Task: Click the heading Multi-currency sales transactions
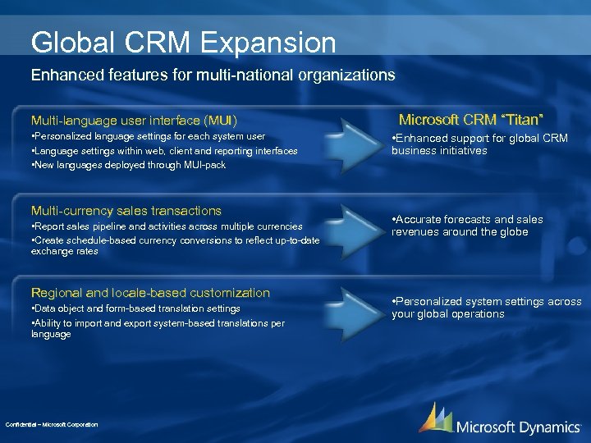point(126,211)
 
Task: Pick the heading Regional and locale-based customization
point(150,293)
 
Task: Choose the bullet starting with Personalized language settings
point(148,136)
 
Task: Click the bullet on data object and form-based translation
point(135,308)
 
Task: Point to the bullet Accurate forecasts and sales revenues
point(468,226)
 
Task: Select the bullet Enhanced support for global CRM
point(479,144)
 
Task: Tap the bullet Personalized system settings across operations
point(486,308)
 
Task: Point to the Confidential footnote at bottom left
point(51,424)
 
